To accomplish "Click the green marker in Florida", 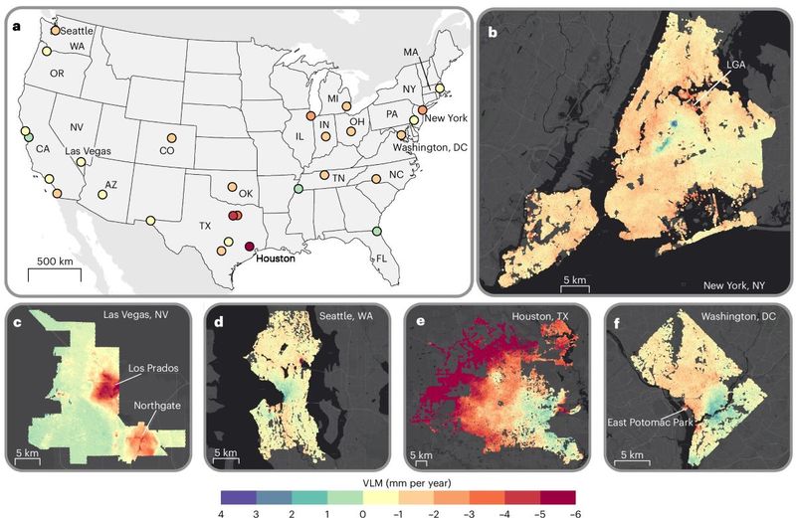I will (376, 231).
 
